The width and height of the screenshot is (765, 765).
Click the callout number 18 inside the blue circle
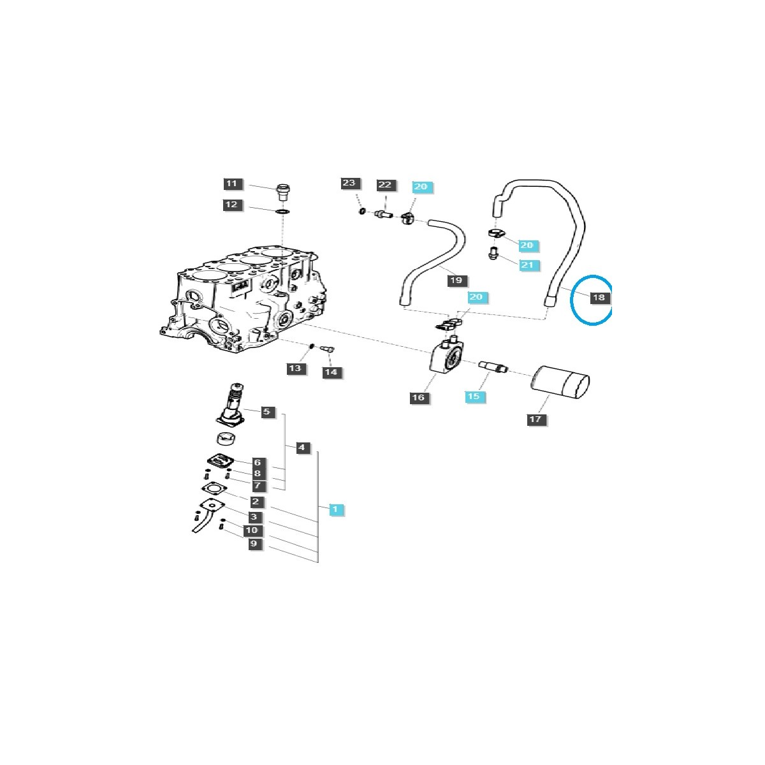click(599, 297)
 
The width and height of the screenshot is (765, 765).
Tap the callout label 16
click(418, 397)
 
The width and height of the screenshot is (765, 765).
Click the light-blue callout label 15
click(474, 396)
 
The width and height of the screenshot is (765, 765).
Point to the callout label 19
click(456, 280)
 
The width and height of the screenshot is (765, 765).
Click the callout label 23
click(349, 183)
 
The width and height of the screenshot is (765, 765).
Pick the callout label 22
click(384, 185)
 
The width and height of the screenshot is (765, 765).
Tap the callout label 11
click(231, 184)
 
